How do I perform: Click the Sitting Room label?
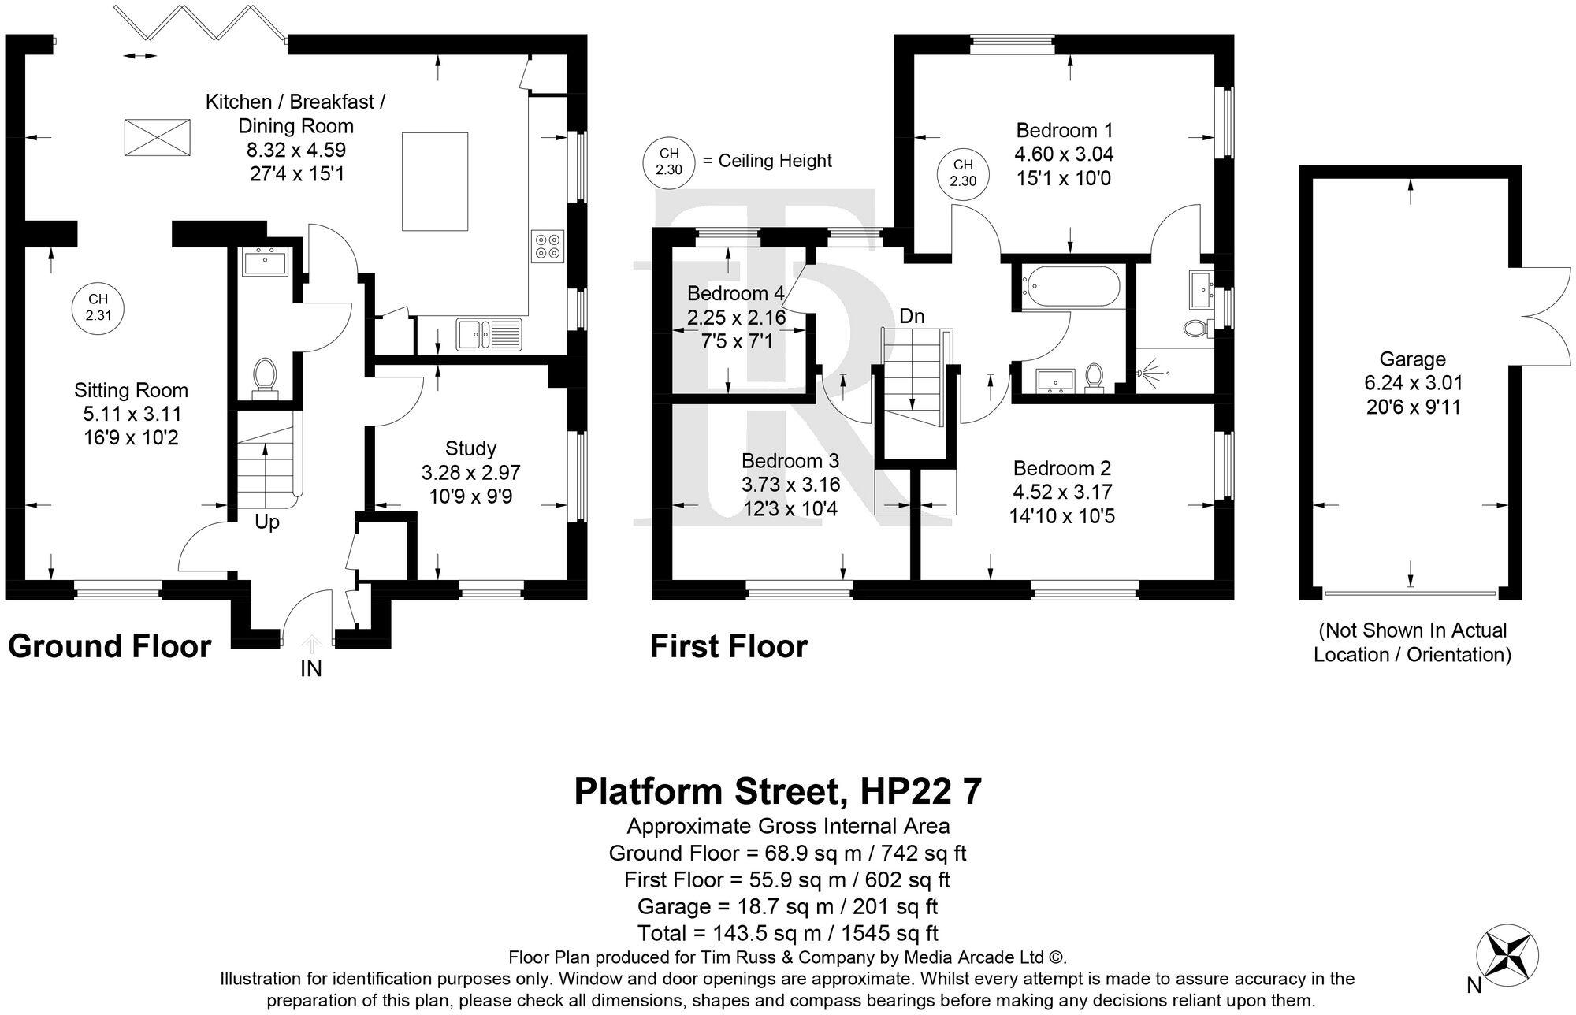pyautogui.click(x=131, y=390)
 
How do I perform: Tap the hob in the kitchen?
pyautogui.click(x=548, y=245)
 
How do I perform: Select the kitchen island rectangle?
pyautogui.click(x=435, y=181)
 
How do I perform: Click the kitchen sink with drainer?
pyautogui.click(x=489, y=334)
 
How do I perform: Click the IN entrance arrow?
pyautogui.click(x=311, y=645)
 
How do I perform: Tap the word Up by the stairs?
pyautogui.click(x=267, y=522)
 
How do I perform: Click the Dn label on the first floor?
pyautogui.click(x=912, y=316)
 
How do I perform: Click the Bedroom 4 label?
pyautogui.click(x=735, y=294)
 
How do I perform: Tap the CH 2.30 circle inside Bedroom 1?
pyautogui.click(x=963, y=173)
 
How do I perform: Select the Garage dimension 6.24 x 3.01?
pyautogui.click(x=1414, y=384)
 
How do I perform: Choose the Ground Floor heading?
pyautogui.click(x=110, y=647)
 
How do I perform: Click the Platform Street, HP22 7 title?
pyautogui.click(x=779, y=791)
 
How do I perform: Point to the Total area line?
pyautogui.click(x=788, y=933)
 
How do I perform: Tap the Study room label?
pyautogui.click(x=470, y=449)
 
